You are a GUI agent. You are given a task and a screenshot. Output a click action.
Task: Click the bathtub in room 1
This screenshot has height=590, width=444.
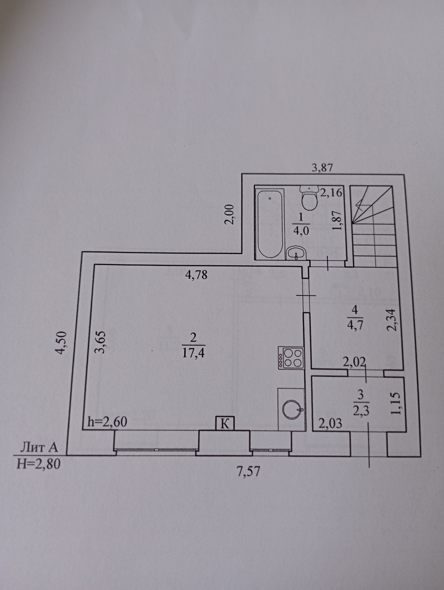(x=270, y=224)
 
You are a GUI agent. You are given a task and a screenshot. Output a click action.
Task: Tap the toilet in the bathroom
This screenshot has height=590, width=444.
(x=309, y=198)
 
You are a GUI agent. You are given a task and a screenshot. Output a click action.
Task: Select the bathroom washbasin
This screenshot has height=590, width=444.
(x=297, y=253)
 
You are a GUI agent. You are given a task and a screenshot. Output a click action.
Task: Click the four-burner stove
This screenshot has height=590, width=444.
(x=291, y=358)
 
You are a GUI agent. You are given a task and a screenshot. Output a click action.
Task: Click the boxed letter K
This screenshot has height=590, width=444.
(x=225, y=424)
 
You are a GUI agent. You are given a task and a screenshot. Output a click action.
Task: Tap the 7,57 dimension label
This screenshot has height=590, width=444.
(x=248, y=472)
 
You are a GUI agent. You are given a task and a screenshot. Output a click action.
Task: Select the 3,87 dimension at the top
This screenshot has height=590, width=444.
(x=322, y=168)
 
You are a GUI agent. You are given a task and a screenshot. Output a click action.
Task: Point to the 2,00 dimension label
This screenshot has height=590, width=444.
(x=230, y=214)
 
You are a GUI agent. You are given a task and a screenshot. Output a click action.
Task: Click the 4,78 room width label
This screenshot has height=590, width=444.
(x=196, y=275)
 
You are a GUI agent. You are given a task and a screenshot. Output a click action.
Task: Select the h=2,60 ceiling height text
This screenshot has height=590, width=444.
(x=107, y=422)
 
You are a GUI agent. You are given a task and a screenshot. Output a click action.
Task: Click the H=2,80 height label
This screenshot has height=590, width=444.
(x=38, y=464)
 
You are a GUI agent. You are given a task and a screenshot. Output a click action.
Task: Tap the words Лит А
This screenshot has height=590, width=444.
(x=39, y=447)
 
